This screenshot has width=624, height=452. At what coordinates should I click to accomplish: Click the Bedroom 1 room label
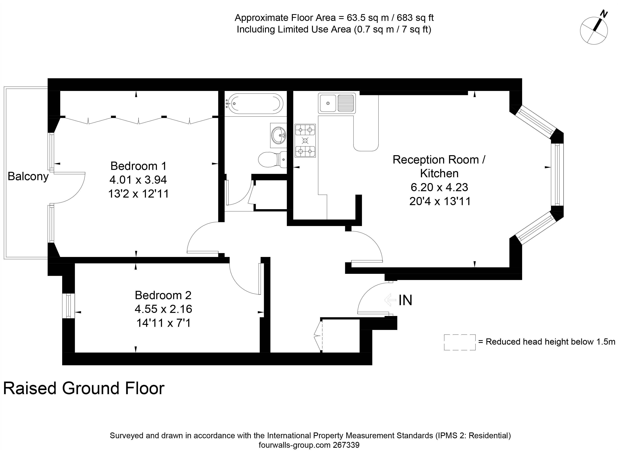138,166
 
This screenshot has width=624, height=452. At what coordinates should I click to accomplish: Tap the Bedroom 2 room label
163,295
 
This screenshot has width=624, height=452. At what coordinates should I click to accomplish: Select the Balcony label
28,176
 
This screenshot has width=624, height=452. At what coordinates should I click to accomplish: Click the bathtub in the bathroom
254,104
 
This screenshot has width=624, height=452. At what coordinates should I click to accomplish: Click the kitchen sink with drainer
337,103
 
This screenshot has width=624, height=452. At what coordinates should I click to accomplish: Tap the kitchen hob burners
305,140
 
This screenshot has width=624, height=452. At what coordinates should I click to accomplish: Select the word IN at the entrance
406,300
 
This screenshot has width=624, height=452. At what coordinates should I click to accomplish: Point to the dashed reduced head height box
460,342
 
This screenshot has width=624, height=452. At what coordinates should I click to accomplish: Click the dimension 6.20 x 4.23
439,187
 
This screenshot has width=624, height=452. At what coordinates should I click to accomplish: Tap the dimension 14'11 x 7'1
163,323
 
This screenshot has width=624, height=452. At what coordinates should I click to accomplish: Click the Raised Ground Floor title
84,389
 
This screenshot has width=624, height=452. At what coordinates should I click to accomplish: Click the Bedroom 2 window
69,306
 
